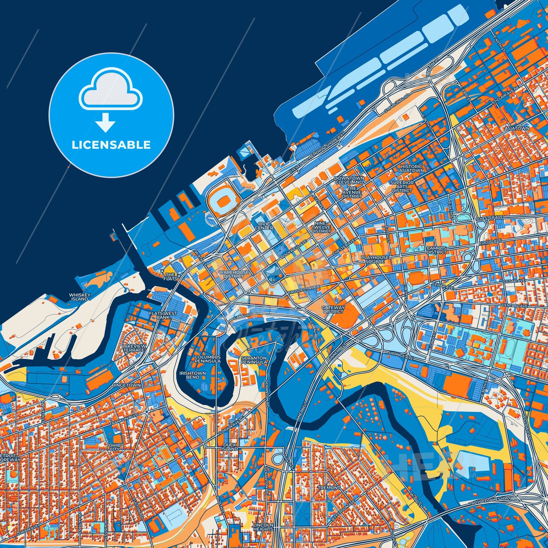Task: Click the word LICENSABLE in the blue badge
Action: pyautogui.click(x=111, y=145)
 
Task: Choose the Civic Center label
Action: pyautogui.click(x=264, y=226)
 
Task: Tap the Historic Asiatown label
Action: pyautogui.click(x=411, y=168)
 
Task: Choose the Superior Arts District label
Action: pyautogui.click(x=402, y=187)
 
